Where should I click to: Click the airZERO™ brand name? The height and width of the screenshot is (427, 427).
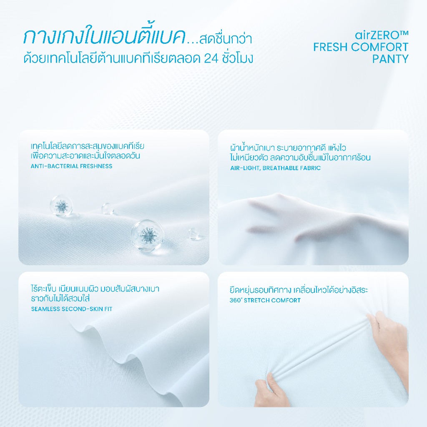click(x=382, y=35)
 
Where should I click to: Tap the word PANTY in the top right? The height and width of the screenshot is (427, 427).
click(x=390, y=59)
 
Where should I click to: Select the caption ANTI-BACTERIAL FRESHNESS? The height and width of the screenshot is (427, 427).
click(x=71, y=166)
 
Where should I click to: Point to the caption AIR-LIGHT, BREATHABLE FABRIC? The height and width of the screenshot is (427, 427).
click(x=275, y=168)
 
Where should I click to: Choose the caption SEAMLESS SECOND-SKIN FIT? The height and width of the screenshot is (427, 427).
click(x=72, y=309)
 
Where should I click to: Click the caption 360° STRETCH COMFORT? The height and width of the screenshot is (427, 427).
click(x=265, y=300)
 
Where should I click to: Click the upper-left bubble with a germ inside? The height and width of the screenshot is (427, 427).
click(x=61, y=205)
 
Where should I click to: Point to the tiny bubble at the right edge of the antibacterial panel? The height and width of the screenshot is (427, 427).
click(x=193, y=234)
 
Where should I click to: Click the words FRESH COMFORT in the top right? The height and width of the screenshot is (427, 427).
click(x=361, y=47)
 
